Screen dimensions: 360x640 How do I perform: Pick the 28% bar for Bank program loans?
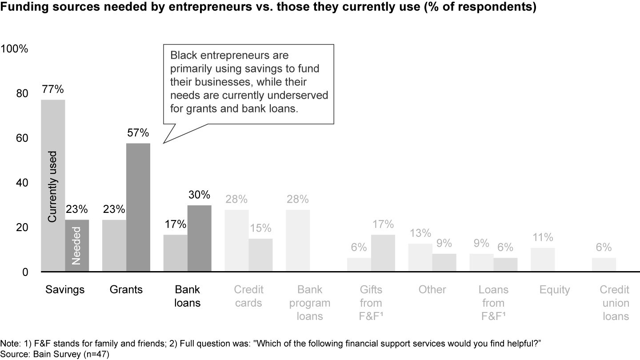pos(297,240)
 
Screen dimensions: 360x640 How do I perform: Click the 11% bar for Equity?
pos(543,260)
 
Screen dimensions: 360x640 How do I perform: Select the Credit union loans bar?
pos(604,265)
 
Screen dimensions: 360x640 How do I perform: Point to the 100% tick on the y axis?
pos(15,49)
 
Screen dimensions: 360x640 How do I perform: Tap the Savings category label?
pos(65,290)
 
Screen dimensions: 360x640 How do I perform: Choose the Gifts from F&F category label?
pos(371,303)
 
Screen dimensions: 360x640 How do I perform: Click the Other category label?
pos(432,290)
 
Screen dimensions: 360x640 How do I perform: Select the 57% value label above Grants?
pos(138,133)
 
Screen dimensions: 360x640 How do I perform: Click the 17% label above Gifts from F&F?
pos(383,224)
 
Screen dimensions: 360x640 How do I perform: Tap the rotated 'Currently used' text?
pos(53,187)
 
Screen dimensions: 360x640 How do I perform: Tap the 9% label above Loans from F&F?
pos(481,244)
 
